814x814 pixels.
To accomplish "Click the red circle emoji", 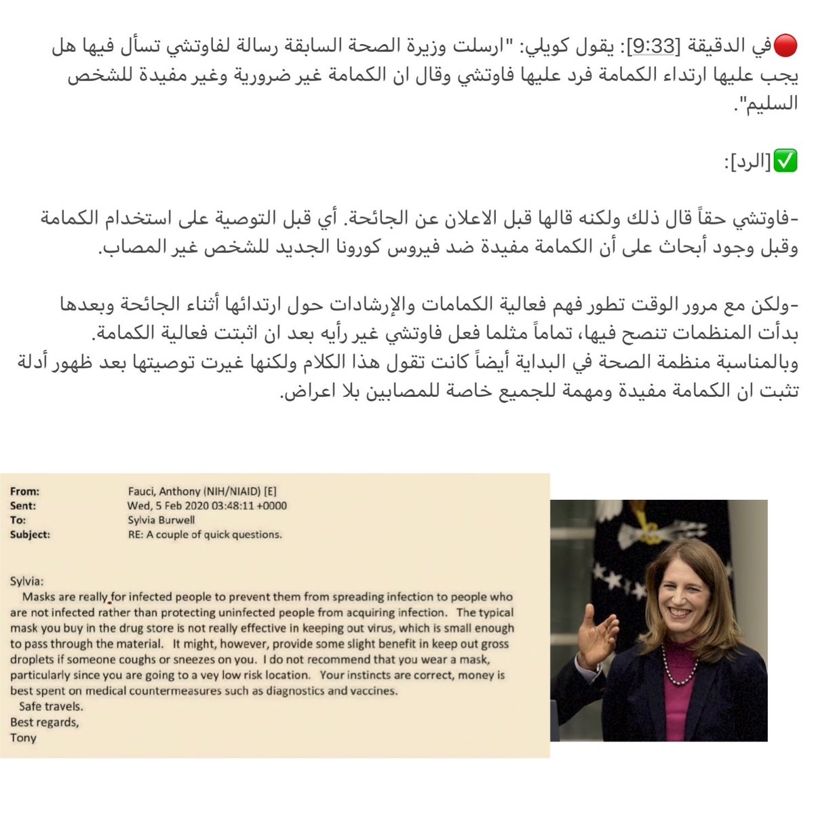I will pyautogui.click(x=788, y=49).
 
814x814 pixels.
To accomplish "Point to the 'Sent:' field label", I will pyautogui.click(x=23, y=505).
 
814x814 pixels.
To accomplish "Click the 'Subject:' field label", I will pyautogui.click(x=31, y=535).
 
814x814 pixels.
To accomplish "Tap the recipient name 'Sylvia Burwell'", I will pyautogui.click(x=162, y=520).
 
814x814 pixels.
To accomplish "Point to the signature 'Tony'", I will pyautogui.click(x=22, y=737).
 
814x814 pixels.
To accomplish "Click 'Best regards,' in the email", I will pyautogui.click(x=44, y=722).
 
